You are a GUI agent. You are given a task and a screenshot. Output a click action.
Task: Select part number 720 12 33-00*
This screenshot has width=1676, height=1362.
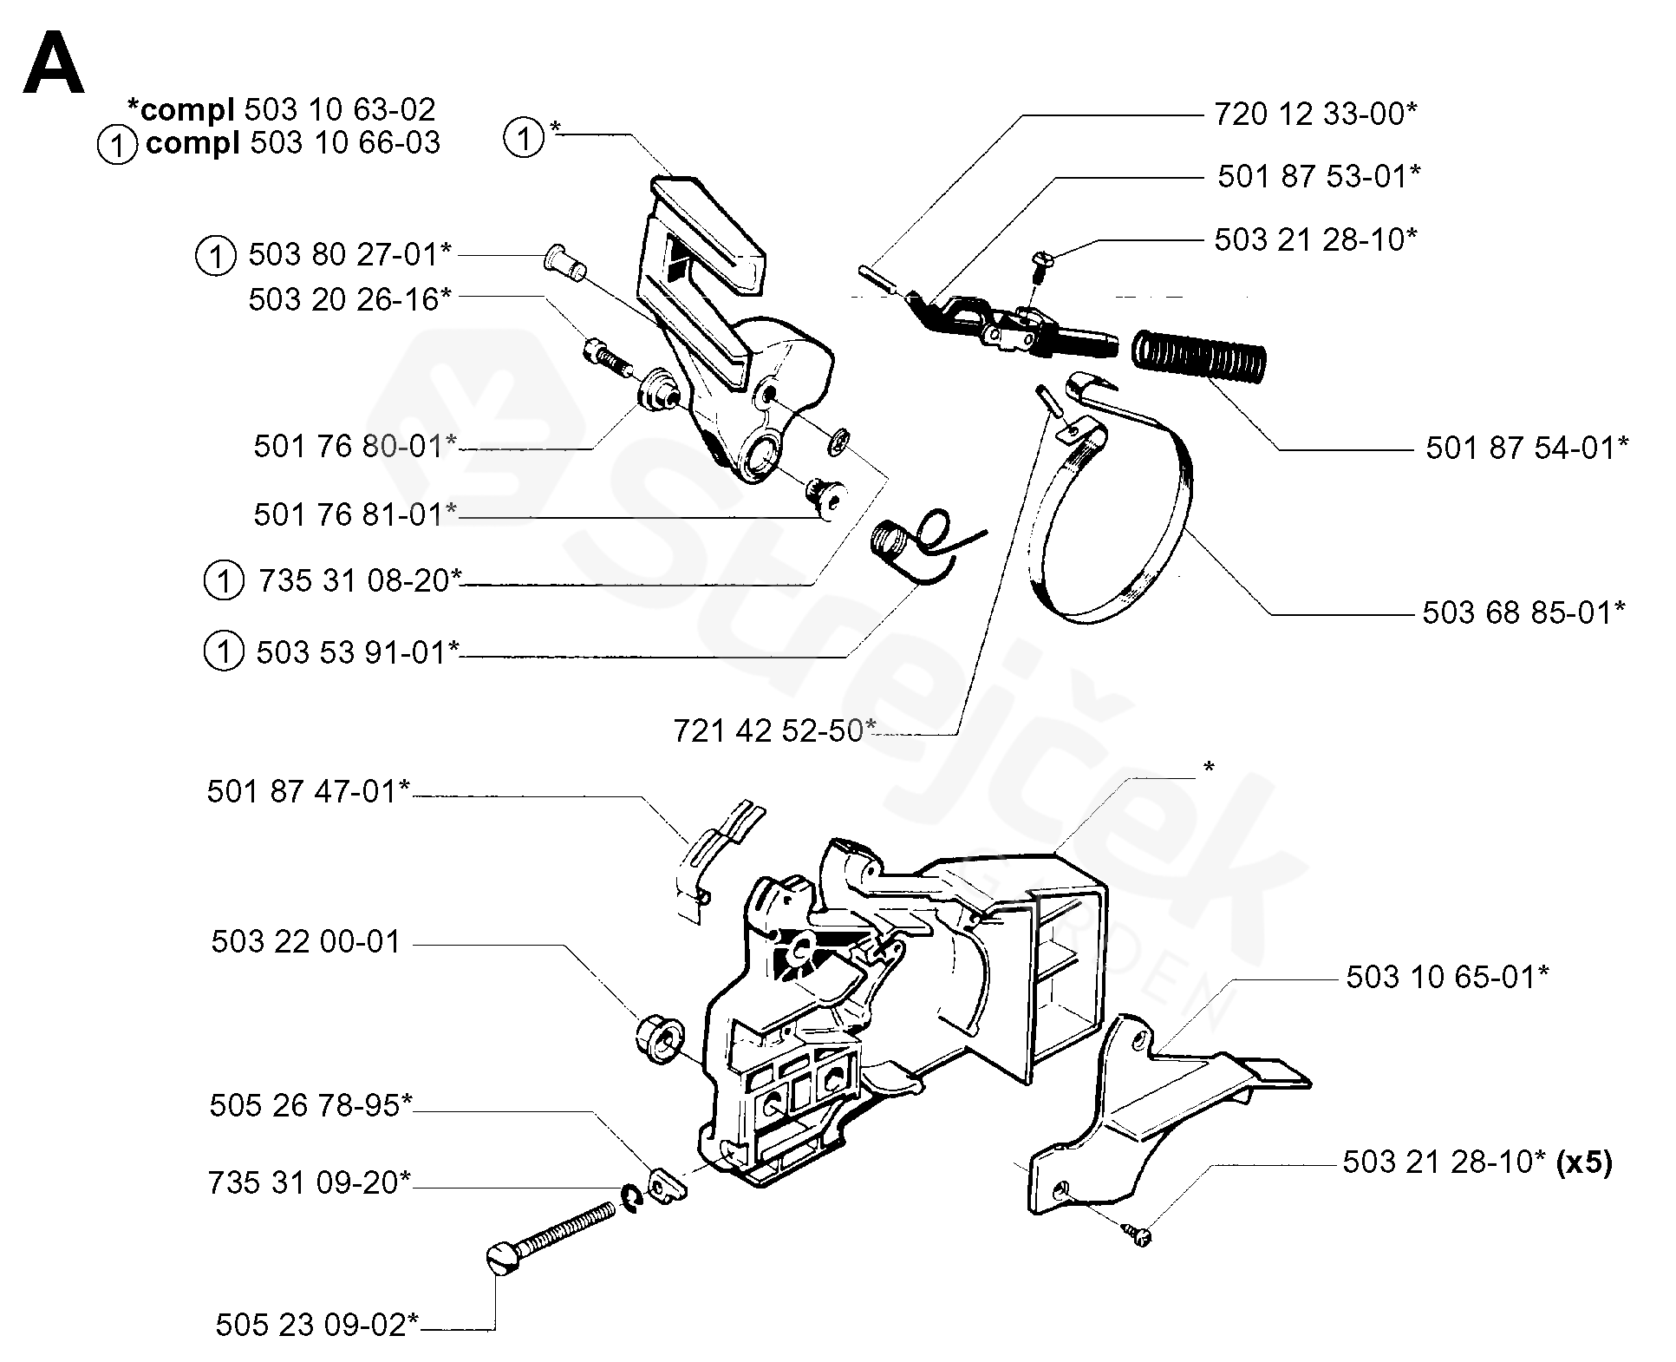[x=1314, y=114]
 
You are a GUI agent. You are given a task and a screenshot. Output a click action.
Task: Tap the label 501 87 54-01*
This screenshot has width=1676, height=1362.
[x=1527, y=448]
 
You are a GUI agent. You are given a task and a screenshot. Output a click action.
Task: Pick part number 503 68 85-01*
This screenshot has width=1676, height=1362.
[x=1523, y=612]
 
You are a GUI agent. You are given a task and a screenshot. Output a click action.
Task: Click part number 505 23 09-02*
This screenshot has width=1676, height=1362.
[x=317, y=1326]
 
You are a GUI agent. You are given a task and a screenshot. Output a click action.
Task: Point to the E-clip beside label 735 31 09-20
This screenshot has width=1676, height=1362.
[x=631, y=1198]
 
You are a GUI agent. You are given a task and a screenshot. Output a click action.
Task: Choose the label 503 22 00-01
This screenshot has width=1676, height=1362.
[x=306, y=942]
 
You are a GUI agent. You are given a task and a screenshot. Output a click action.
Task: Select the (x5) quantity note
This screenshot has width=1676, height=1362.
[x=1584, y=1162]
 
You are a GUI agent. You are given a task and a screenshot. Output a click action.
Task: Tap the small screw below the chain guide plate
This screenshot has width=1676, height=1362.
[x=1136, y=1234]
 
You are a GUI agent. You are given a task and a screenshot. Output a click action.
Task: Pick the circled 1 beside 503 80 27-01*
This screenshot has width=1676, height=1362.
[x=215, y=256]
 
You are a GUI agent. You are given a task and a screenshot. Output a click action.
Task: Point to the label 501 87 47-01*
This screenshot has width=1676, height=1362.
[x=308, y=791]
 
